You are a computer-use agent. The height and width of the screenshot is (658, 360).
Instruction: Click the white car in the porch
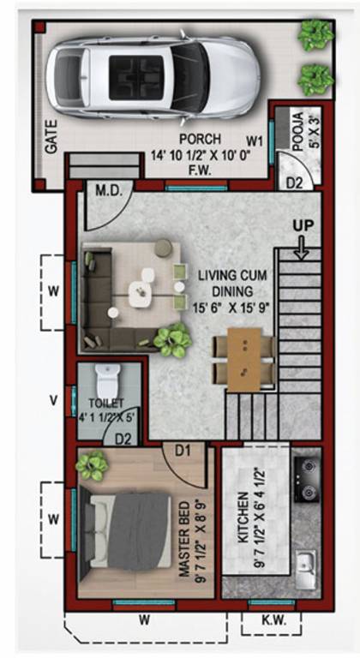tap(153, 78)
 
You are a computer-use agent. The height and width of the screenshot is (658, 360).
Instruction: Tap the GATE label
tap(51, 137)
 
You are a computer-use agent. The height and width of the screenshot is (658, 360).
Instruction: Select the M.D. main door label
tap(108, 193)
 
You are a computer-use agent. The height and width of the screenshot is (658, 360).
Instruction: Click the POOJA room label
tap(297, 131)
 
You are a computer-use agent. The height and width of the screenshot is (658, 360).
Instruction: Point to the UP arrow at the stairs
tap(301, 251)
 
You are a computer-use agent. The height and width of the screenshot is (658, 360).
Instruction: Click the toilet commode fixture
tap(107, 378)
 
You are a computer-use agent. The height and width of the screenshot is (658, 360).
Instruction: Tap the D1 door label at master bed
tap(183, 452)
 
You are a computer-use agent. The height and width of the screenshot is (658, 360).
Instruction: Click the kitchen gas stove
tap(308, 479)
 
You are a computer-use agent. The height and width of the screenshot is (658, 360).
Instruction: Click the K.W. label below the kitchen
tap(273, 621)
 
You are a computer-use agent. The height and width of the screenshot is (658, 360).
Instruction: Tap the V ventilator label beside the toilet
tap(53, 400)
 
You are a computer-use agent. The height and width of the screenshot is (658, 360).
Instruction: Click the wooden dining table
tap(244, 358)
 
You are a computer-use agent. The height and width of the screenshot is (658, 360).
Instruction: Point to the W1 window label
tap(255, 142)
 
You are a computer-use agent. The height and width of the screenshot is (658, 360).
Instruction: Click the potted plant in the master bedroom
tap(92, 465)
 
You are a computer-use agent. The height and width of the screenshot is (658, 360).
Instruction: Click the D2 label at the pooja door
tap(295, 182)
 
